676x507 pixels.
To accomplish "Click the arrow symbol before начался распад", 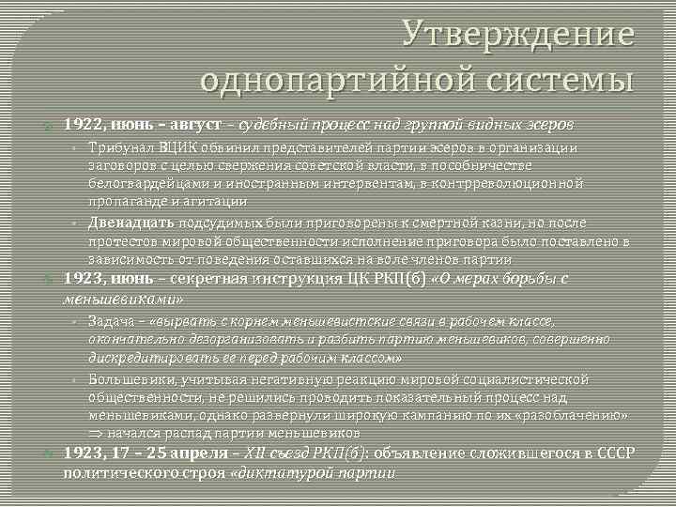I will tap(96, 433).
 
